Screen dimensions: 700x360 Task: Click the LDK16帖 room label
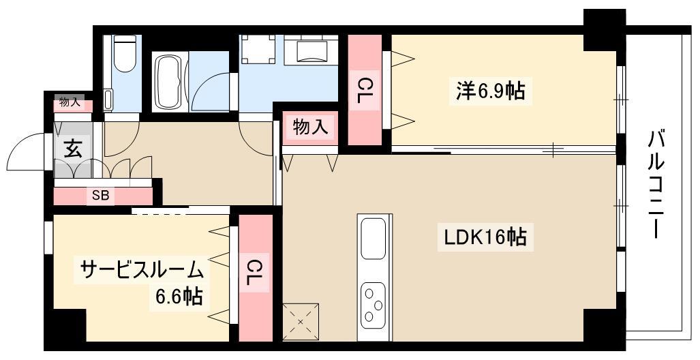click(485, 237)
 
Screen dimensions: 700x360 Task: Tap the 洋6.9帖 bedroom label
click(490, 91)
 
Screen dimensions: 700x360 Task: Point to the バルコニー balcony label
click(654, 184)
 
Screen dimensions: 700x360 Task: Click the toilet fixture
click(125, 54)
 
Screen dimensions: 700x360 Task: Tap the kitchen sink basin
click(374, 239)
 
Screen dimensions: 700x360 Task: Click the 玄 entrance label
click(73, 149)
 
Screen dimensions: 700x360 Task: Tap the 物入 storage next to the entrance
click(70, 103)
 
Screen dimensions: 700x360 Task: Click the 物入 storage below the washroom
click(310, 128)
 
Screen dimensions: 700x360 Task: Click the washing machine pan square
click(258, 50)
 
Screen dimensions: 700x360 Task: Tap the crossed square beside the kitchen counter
click(301, 322)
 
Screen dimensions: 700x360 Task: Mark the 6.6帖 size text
click(179, 296)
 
